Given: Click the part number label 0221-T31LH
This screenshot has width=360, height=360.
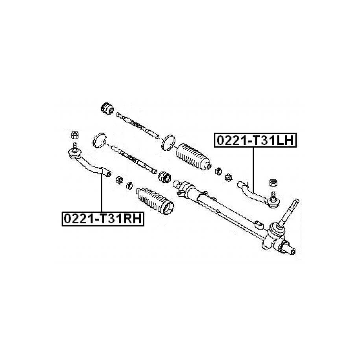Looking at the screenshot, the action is tap(255, 140).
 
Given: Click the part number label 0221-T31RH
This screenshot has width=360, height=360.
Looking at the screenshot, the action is tap(103, 219).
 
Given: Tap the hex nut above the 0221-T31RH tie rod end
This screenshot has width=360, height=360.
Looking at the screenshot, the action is tap(75, 135).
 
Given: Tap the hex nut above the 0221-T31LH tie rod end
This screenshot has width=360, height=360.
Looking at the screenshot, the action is tap(273, 183).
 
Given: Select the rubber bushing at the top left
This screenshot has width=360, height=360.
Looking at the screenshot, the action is tap(107, 109).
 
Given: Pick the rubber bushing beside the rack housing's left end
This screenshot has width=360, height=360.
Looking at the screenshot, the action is tap(164, 177).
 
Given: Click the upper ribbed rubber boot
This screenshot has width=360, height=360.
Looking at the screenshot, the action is tap(193, 157).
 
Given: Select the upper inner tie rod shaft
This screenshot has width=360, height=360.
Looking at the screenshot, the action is tap(138, 126).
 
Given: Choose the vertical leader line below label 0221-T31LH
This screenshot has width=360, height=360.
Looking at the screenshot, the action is tap(253, 170).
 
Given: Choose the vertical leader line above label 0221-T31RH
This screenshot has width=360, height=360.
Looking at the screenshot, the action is tap(102, 192).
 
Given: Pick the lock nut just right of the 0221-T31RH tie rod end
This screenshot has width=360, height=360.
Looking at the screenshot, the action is tap(120, 179).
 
